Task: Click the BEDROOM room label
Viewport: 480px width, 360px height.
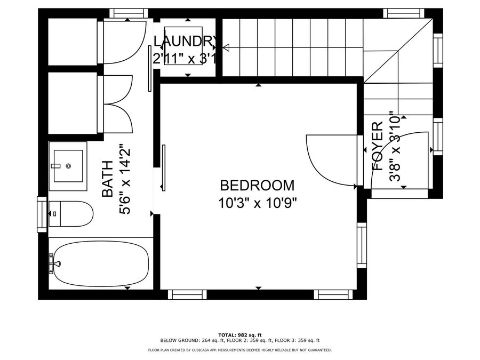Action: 257,186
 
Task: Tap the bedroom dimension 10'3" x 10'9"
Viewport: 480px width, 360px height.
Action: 258,203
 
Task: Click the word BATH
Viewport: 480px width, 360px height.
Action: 107,179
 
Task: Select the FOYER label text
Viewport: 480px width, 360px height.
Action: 377,146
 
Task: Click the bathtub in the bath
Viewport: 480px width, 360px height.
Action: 101,263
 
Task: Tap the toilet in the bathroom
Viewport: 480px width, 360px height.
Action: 71,214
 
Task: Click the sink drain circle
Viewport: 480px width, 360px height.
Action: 68,166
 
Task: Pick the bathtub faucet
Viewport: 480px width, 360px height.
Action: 55,263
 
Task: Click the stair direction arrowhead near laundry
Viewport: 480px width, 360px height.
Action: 226,48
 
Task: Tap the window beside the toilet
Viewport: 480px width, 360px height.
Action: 42,214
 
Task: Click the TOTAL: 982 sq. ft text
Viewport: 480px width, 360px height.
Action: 240,335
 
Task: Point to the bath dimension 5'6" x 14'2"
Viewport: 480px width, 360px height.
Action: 125,179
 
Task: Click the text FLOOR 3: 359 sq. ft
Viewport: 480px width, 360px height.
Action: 297,340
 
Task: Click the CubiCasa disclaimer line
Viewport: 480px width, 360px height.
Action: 239,350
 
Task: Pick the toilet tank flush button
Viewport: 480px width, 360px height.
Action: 55,214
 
